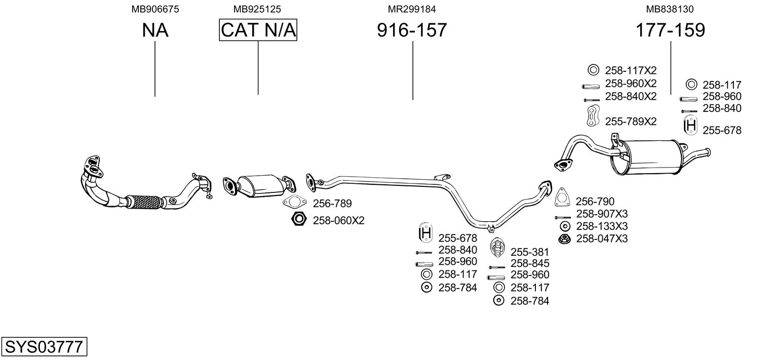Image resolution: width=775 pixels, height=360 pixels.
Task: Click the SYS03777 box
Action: tap(44, 348)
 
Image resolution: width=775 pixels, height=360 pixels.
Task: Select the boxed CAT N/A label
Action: tap(258, 30)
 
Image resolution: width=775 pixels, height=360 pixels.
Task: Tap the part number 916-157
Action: tap(412, 30)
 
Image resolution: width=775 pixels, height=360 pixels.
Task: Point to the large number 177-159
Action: tap(670, 30)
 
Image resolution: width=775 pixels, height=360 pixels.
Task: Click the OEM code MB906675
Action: tap(155, 9)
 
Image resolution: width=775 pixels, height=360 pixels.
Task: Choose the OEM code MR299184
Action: tap(412, 9)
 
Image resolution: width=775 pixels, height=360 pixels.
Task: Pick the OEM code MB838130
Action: tap(670, 9)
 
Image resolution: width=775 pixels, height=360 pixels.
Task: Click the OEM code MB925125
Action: tap(257, 9)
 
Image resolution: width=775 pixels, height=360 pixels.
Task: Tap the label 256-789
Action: tap(332, 204)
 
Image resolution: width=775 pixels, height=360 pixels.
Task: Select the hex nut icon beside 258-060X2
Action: tap(299, 220)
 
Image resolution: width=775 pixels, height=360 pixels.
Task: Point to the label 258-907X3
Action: tap(602, 214)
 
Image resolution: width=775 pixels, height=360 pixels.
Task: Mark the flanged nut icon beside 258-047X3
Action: tap(562, 239)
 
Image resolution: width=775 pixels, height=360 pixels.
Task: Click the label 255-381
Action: tap(529, 252)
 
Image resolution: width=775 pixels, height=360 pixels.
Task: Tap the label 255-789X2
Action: tap(631, 122)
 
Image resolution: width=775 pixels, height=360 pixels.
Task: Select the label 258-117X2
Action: tap(631, 70)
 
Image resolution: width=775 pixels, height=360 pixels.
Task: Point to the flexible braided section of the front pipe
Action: tap(145, 202)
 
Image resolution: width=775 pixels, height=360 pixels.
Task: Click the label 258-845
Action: tap(530, 263)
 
